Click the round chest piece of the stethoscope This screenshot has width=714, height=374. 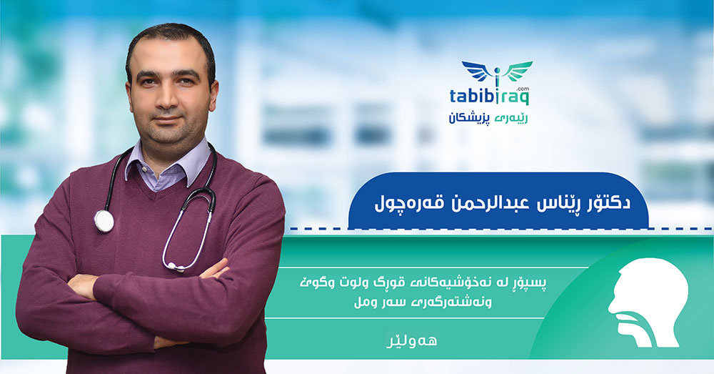(x=104, y=221)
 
